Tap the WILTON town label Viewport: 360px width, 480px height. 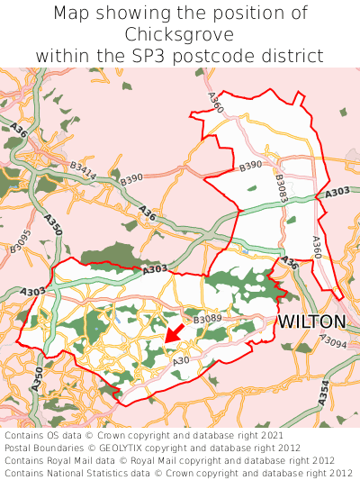[311, 322]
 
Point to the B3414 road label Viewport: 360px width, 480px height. [83, 170]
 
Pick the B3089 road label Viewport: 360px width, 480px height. [207, 320]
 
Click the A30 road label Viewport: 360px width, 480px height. [180, 361]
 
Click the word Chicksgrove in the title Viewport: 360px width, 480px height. [180, 34]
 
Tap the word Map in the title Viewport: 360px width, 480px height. [72, 14]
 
